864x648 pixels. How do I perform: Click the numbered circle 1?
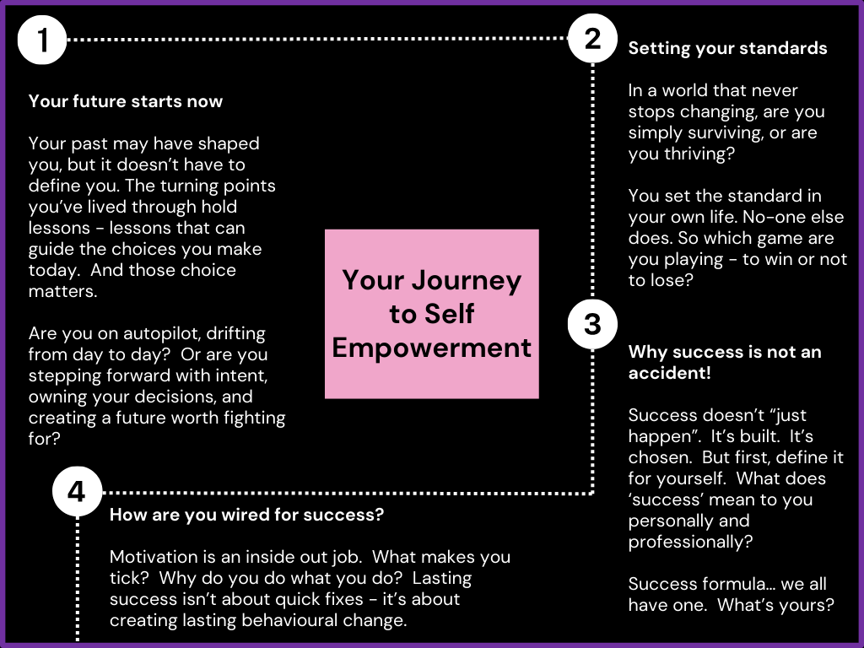coord(41,40)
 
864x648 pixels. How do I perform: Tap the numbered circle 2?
coord(593,39)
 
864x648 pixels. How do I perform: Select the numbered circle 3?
coord(592,324)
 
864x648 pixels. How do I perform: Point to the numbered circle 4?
coord(77,492)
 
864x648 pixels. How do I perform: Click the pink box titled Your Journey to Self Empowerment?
coord(432,313)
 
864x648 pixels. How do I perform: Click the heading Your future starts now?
coord(126,101)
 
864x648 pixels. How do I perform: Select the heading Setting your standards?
coord(727,48)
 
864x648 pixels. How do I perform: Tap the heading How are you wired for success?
coord(247,515)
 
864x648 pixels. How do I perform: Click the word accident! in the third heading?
coord(670,373)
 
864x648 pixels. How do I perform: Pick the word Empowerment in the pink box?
coord(432,348)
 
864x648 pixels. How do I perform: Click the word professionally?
coord(691,542)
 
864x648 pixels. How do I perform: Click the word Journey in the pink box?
coord(468,280)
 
